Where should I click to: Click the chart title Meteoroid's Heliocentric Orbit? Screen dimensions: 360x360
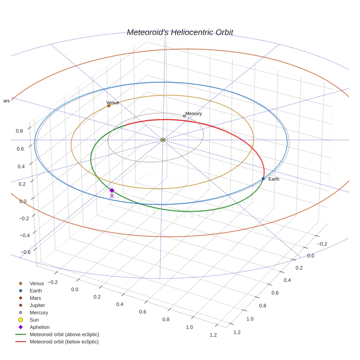(x=180, y=32)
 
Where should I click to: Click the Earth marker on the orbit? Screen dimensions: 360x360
(x=263, y=179)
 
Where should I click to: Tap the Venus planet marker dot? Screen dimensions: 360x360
(x=109, y=106)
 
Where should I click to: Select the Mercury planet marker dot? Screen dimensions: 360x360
(x=184, y=116)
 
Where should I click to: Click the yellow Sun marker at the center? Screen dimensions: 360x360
(x=163, y=140)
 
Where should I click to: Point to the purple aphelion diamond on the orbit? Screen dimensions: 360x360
(x=112, y=190)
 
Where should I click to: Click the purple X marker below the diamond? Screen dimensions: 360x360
(x=112, y=196)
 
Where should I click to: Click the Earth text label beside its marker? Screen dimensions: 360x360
(x=274, y=179)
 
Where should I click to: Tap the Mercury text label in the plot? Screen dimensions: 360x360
(x=194, y=113)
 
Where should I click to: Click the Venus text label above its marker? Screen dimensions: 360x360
(x=113, y=103)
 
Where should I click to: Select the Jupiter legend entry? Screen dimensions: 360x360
(x=37, y=305)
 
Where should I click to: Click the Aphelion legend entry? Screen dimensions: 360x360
(x=40, y=327)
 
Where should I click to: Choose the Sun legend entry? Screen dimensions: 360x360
(x=34, y=320)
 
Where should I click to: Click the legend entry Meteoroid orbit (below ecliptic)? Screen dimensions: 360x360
(x=64, y=342)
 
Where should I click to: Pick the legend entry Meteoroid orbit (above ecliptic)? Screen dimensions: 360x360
(x=64, y=334)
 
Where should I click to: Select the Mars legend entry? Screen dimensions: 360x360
(x=35, y=298)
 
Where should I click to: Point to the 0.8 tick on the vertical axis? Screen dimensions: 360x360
(x=19, y=131)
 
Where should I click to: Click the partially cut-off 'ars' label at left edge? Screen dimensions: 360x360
(x=6, y=101)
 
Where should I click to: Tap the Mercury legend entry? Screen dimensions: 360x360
(x=39, y=312)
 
